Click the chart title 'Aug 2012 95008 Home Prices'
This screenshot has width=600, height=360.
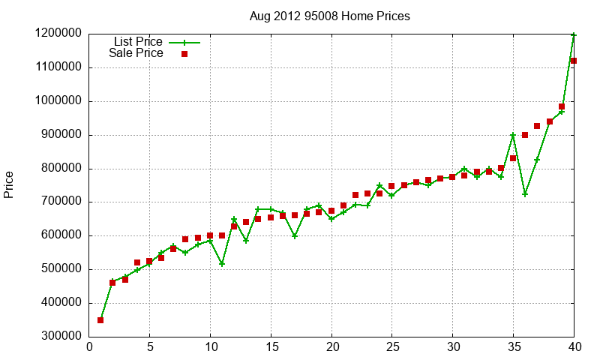(x=330, y=16)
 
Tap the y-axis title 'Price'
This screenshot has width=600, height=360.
(x=9, y=184)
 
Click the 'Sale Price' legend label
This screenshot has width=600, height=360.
(x=136, y=53)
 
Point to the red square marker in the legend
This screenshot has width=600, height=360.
(x=184, y=54)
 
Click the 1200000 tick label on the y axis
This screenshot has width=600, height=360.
(x=58, y=34)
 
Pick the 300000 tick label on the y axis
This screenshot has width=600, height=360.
(x=58, y=337)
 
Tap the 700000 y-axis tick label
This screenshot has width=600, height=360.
(x=58, y=202)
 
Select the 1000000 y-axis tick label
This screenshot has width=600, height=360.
(x=58, y=101)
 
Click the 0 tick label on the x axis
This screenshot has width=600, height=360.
(x=89, y=347)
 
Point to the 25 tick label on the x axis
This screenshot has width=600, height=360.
(x=391, y=347)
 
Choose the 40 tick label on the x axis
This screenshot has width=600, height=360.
(x=574, y=347)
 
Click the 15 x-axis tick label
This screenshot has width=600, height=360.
(x=271, y=347)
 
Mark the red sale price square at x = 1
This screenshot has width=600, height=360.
(x=100, y=320)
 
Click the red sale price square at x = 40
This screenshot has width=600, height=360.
(x=574, y=61)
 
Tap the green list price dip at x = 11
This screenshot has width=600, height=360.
(x=222, y=264)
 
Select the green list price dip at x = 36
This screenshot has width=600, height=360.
(x=525, y=194)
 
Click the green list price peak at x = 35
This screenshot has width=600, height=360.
(x=513, y=135)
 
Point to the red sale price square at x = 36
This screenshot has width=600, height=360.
(x=525, y=135)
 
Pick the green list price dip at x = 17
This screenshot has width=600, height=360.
(x=295, y=236)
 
